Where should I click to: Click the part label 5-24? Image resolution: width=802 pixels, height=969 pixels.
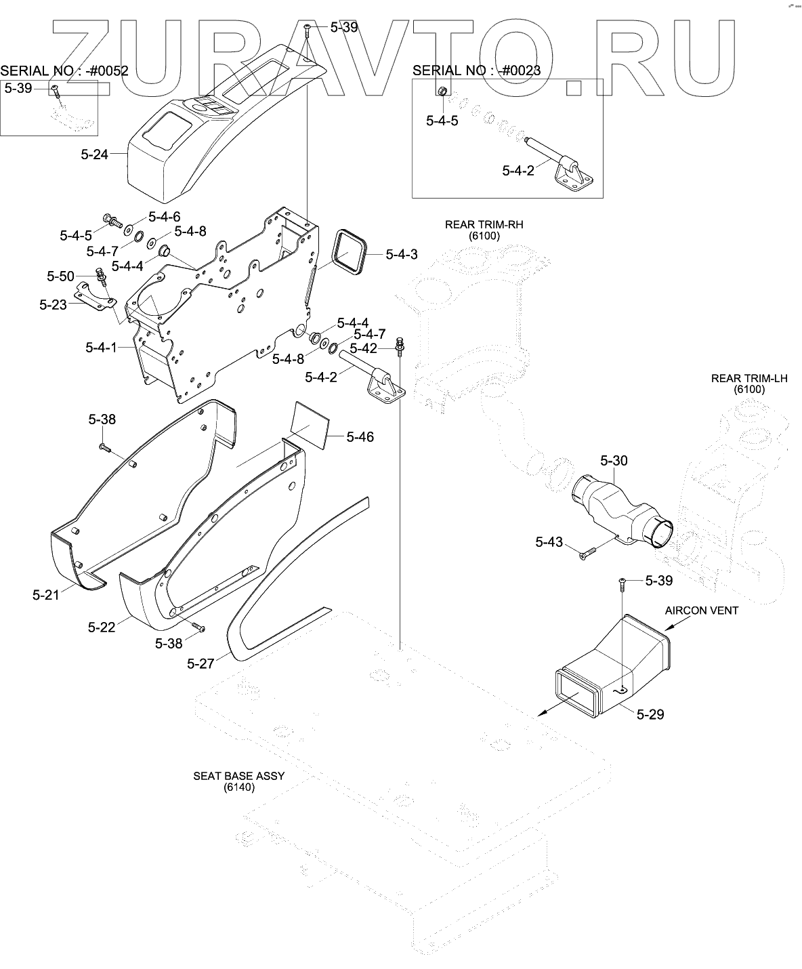(x=94, y=154)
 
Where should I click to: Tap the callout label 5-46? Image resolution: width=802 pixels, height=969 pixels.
(x=360, y=437)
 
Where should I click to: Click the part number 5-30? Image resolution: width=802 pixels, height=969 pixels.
(x=614, y=461)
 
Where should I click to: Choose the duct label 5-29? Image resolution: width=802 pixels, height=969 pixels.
(x=650, y=714)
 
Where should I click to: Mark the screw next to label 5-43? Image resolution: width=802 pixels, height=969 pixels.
(x=586, y=554)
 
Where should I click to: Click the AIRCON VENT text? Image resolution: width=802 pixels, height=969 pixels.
(x=701, y=611)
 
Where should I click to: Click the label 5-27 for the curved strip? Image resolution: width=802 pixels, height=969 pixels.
(x=200, y=663)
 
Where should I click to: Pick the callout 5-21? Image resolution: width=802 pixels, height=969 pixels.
(x=46, y=594)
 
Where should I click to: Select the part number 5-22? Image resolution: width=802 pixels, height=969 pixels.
(x=102, y=627)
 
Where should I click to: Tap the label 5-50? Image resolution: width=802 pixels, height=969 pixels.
(x=60, y=276)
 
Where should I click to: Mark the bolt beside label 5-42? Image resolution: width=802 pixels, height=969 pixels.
(x=400, y=344)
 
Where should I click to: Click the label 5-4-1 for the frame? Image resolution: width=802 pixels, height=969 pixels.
(x=101, y=348)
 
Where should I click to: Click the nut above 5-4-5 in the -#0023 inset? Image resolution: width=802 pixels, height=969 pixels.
(x=442, y=91)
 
